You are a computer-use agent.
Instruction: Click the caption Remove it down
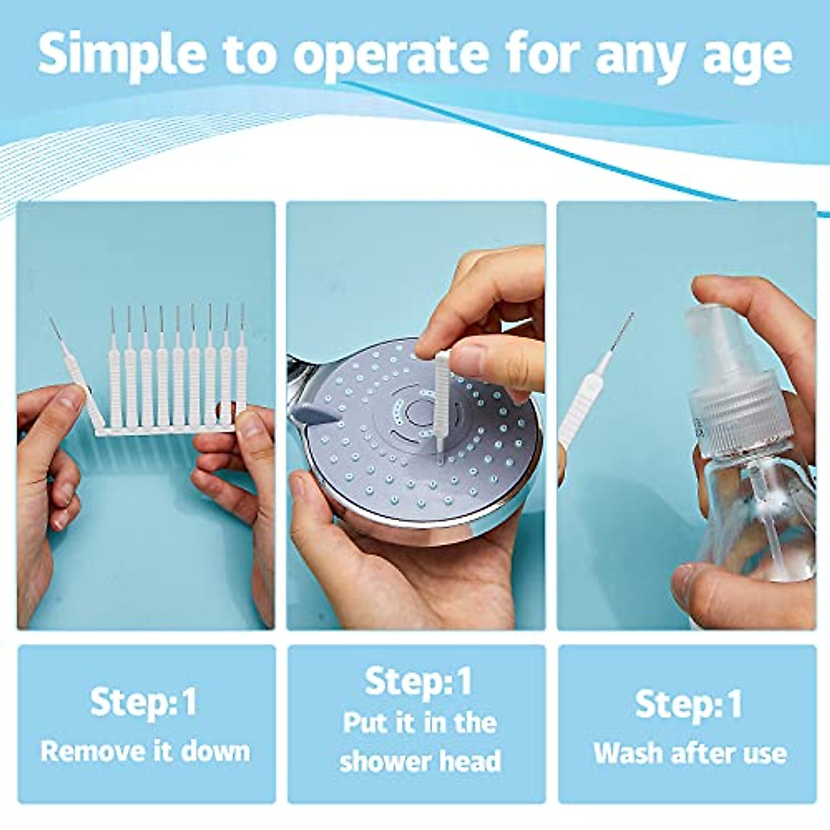[x=145, y=751]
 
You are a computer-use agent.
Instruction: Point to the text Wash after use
[x=690, y=753]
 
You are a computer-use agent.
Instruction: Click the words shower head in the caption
[x=420, y=761]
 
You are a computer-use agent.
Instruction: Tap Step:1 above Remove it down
[x=144, y=703]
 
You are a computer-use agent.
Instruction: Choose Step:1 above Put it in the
[x=418, y=682]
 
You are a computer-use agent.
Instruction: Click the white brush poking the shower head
[x=441, y=401]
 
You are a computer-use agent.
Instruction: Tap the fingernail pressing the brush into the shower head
[x=470, y=360]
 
